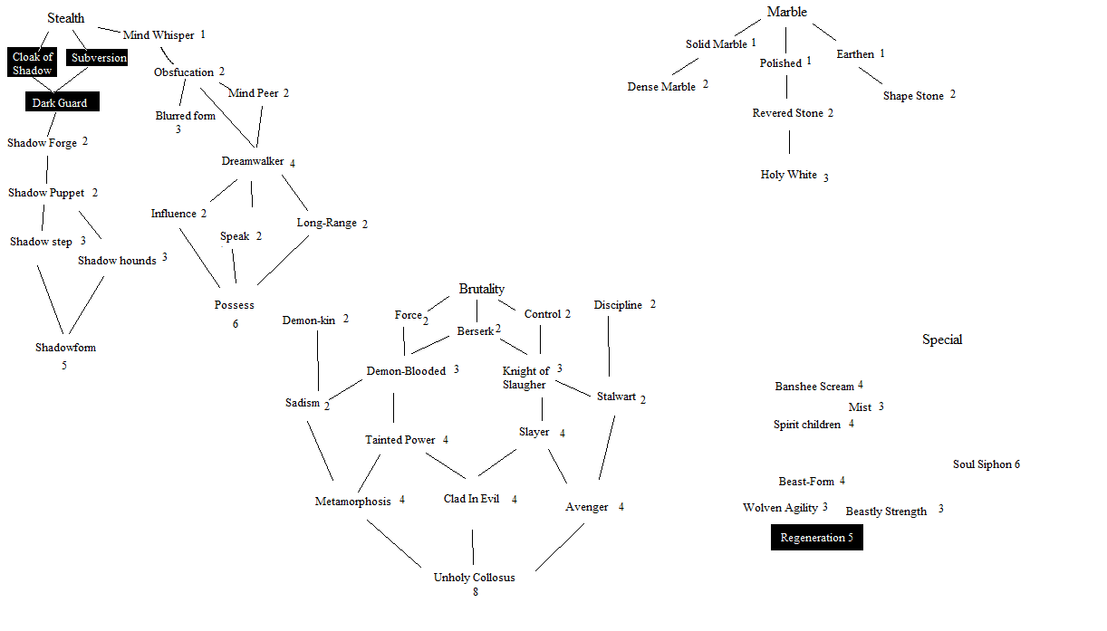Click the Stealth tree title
(66, 18)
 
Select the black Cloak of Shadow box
(33, 63)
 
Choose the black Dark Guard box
(61, 103)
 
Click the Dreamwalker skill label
(253, 161)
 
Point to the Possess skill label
(235, 305)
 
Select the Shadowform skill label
(65, 348)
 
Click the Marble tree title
(786, 12)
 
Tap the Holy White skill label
(789, 175)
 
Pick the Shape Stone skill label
(913, 96)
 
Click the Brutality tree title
(481, 289)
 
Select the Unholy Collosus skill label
(474, 578)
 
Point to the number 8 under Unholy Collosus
(475, 593)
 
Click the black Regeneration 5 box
(816, 538)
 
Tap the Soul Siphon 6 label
(986, 464)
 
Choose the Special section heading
(942, 339)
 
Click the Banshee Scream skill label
(814, 387)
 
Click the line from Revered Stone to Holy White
(789, 142)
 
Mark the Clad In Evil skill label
(471, 499)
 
